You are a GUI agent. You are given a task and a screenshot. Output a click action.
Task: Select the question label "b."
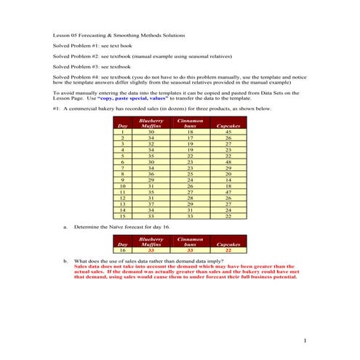pyautogui.click(x=65, y=260)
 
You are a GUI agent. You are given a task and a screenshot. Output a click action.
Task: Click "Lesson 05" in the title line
pyautogui.click(x=67, y=34)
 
